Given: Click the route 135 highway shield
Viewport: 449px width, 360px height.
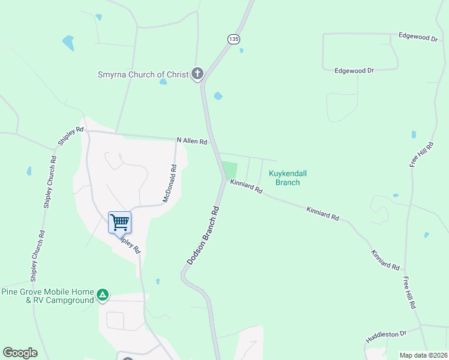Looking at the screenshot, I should (234, 39).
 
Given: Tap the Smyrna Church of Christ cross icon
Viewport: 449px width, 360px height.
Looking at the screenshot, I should (197, 74).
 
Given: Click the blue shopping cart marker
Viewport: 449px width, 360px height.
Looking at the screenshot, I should (119, 222).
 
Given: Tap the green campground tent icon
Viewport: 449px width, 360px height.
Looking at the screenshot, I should (103, 295).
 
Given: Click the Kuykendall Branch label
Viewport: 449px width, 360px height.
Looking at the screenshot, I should (287, 178).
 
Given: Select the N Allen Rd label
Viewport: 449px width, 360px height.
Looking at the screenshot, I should (191, 141).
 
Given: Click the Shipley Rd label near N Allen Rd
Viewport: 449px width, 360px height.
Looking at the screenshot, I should (70, 136).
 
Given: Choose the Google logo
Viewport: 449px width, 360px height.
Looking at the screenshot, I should (20, 353).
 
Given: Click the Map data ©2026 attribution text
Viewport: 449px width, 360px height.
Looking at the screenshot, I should (424, 355).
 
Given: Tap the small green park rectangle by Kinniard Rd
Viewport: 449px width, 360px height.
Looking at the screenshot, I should (230, 169).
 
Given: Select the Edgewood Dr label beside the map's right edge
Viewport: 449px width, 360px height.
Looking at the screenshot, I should (418, 37).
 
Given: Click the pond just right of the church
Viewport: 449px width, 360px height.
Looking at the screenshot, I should (218, 95).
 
